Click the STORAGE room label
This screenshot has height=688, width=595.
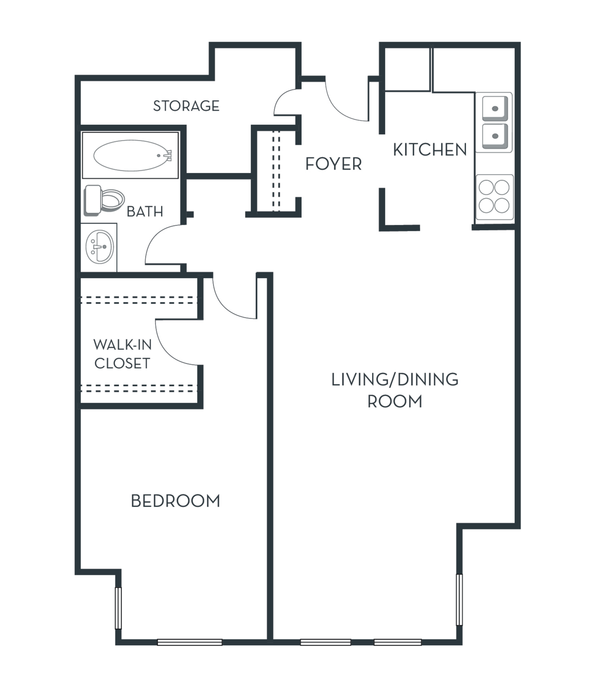click(x=186, y=106)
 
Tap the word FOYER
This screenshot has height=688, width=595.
click(x=334, y=164)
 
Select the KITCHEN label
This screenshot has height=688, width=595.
click(x=430, y=149)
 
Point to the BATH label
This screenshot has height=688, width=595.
click(x=145, y=211)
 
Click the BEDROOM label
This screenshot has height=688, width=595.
click(x=176, y=501)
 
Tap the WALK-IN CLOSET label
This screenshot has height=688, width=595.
click(x=122, y=354)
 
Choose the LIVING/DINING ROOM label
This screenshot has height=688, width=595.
click(x=395, y=390)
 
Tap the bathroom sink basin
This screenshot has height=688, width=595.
click(x=99, y=247)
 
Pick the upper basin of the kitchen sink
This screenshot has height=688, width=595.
click(x=495, y=108)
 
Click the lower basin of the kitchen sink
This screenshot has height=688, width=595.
click(x=495, y=136)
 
